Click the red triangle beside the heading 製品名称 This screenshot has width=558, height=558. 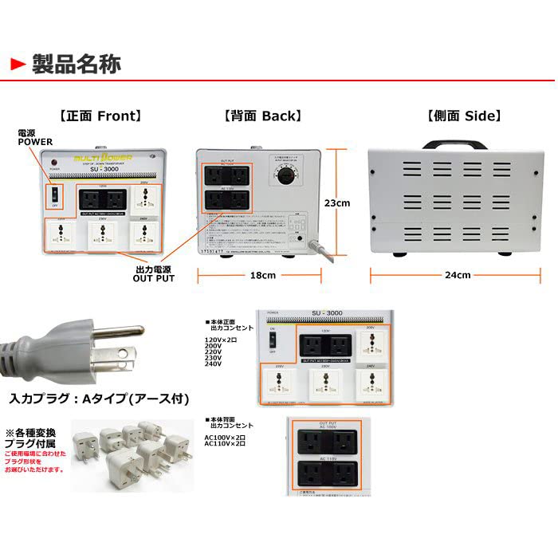18,63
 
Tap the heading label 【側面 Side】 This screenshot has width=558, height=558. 463,116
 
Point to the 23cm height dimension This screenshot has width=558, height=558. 337,203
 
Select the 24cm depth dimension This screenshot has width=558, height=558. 459,275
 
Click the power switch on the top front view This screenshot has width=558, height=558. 54,195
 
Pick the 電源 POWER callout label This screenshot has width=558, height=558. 35,136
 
